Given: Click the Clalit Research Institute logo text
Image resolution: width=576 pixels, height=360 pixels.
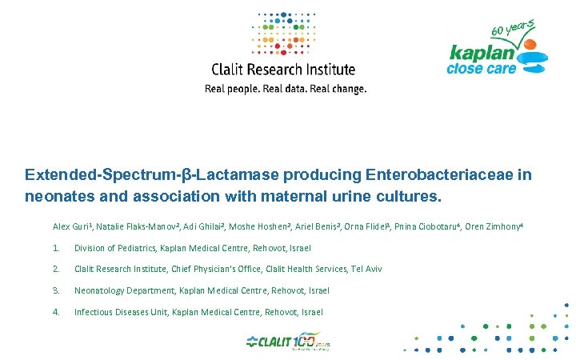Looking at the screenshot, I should (282, 70).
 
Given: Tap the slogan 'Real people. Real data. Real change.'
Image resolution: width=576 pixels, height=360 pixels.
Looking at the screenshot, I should (286, 89).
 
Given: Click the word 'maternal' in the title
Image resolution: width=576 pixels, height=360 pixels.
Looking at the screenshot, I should (294, 195).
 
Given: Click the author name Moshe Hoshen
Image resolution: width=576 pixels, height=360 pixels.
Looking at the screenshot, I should (261, 227).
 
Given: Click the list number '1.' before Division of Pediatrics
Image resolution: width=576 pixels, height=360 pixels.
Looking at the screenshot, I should (56, 248).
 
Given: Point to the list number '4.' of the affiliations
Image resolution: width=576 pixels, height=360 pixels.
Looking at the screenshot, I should (56, 311).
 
